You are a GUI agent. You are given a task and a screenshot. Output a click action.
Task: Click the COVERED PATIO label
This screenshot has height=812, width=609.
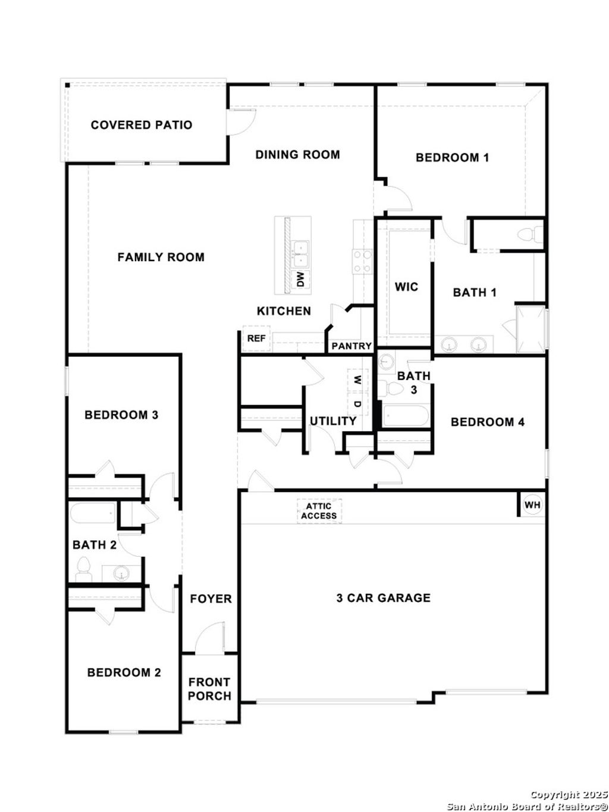pos(142,125)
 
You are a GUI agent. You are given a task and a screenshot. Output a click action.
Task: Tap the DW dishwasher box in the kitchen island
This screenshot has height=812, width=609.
pos(300,278)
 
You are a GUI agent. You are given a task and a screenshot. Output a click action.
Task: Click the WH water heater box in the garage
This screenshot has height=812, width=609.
pos(532,505)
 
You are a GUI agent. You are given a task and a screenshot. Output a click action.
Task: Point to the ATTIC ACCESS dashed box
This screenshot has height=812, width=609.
pos(319,511)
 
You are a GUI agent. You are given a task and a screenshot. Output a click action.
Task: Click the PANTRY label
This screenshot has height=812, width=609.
pos(351,346)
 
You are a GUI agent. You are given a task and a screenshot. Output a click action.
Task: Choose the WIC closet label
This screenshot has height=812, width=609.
pos(407,287)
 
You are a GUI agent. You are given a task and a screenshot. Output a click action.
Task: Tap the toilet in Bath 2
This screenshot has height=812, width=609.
pos(82,569)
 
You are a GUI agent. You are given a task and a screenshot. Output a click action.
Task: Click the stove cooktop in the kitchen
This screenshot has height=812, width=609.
pos(362,262)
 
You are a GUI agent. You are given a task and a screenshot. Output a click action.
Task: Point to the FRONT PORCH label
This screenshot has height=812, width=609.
pos(209,689)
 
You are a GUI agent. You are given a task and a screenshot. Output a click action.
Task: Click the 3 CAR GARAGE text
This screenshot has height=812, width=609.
pos(383,598)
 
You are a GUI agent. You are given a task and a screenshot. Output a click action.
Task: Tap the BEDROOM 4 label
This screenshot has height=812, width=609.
pos(488,422)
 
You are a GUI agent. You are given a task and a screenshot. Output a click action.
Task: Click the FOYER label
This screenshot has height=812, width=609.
pos(211,598)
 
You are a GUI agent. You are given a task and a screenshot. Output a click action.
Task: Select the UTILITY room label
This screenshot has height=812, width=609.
pos(332,421)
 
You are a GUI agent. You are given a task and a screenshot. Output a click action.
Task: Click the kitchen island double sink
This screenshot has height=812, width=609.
pos(300,252)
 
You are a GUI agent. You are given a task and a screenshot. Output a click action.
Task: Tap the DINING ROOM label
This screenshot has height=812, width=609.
pos(297,155)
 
